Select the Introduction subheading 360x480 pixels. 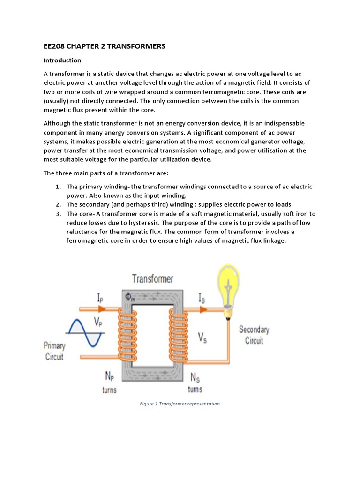tap(62, 60)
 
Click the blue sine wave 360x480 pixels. tap(85, 332)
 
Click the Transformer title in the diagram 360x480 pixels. tap(152, 279)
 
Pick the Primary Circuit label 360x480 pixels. tap(54, 351)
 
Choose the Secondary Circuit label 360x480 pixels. tap(254, 334)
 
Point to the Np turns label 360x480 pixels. tap(109, 382)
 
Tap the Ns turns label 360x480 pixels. tap(195, 382)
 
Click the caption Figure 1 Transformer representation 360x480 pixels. tap(180, 404)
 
